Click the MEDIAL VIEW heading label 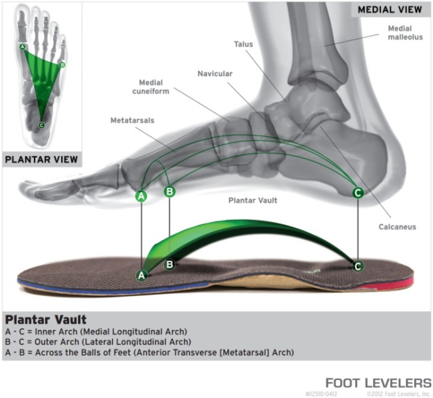390,10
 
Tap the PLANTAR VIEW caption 41,160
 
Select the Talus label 243,44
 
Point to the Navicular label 215,73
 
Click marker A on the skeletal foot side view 141,196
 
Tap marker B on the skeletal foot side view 169,192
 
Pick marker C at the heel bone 358,193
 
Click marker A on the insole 141,275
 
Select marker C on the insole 358,266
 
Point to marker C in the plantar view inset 41,125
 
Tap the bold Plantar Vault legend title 45,319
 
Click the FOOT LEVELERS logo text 378,383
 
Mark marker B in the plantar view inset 62,65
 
